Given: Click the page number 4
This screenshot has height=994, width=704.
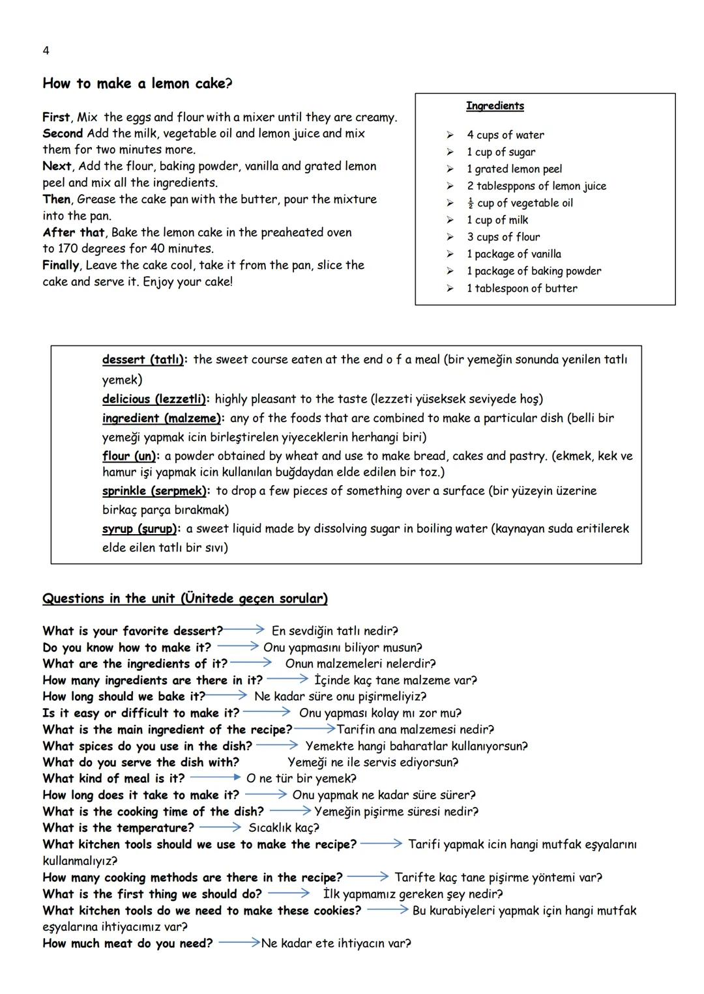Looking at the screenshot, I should click(46, 51).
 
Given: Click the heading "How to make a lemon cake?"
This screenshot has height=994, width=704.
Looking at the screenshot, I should click(137, 83).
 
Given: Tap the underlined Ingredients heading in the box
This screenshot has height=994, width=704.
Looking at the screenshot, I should click(495, 106).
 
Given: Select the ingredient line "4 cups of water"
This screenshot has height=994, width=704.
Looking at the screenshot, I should click(505, 135).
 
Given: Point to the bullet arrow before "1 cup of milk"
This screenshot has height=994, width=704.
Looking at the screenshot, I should click(450, 220).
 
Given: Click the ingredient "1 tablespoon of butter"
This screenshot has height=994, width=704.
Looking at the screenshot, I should click(521, 288).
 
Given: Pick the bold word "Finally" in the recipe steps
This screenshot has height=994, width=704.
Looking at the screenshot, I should click(61, 265).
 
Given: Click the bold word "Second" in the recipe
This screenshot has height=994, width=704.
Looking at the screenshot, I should click(63, 134).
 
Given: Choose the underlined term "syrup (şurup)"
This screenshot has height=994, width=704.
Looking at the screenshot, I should click(140, 529).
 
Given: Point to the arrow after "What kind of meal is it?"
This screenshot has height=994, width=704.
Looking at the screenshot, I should click(215, 778).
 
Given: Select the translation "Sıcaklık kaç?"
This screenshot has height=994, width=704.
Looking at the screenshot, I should click(284, 828).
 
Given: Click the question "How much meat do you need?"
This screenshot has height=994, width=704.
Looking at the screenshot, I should click(127, 943).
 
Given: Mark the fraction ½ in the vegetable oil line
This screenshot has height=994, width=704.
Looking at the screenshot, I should click(470, 203).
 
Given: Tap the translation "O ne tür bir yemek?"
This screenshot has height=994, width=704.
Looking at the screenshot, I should click(301, 778).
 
